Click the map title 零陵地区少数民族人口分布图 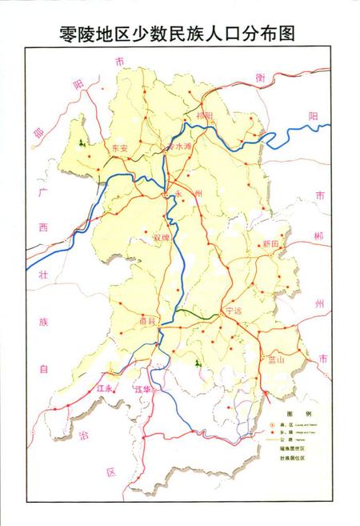pos(180,33)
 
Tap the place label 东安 pos(120,148)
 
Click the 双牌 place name pos(161,237)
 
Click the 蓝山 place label pos(278,361)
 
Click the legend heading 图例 pos(286,413)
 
